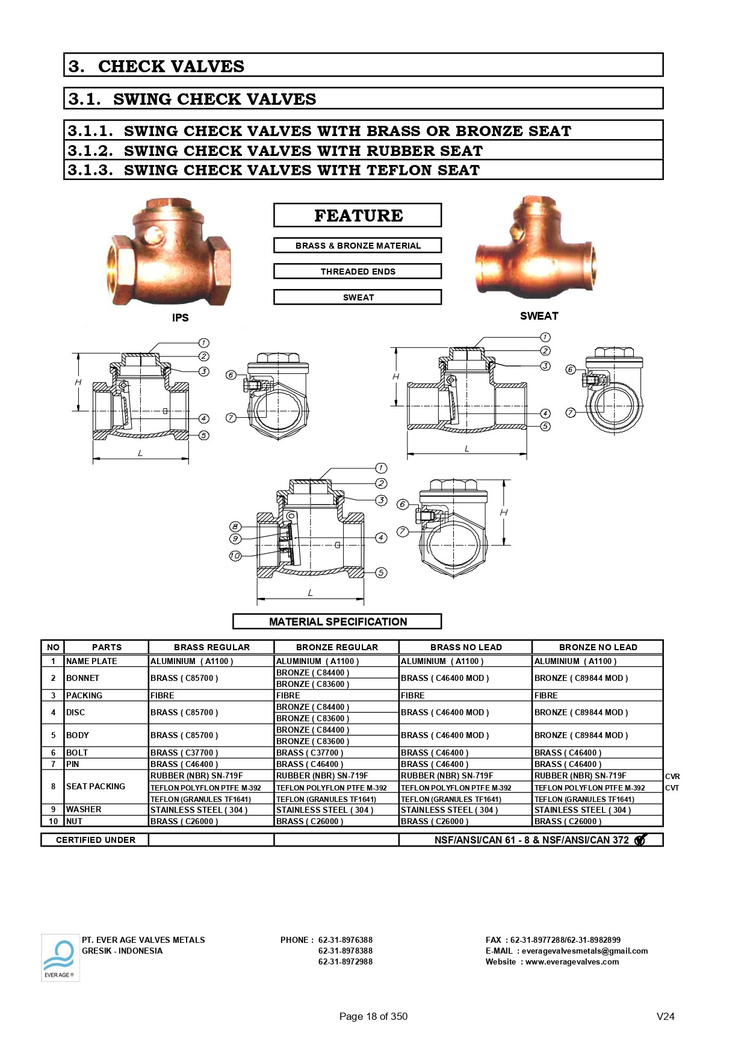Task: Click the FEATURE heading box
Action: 358,215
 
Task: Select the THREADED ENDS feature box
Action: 358,272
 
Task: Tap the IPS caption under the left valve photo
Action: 180,318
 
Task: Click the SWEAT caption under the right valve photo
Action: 539,316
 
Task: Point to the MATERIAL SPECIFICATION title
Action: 337,621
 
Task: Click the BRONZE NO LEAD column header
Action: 598,647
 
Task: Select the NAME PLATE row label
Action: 91,661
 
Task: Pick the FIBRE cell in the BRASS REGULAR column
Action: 163,695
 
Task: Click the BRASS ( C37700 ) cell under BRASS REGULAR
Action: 184,753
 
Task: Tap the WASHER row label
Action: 84,809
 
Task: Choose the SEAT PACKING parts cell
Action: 96,786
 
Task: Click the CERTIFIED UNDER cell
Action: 95,840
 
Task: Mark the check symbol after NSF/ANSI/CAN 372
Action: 640,839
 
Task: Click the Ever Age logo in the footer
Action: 60,957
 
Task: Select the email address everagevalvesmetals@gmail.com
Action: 584,951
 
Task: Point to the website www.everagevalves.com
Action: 572,962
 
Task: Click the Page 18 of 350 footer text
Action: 373,1016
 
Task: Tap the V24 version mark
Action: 665,1016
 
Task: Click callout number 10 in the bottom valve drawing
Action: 235,556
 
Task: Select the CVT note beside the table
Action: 672,788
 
